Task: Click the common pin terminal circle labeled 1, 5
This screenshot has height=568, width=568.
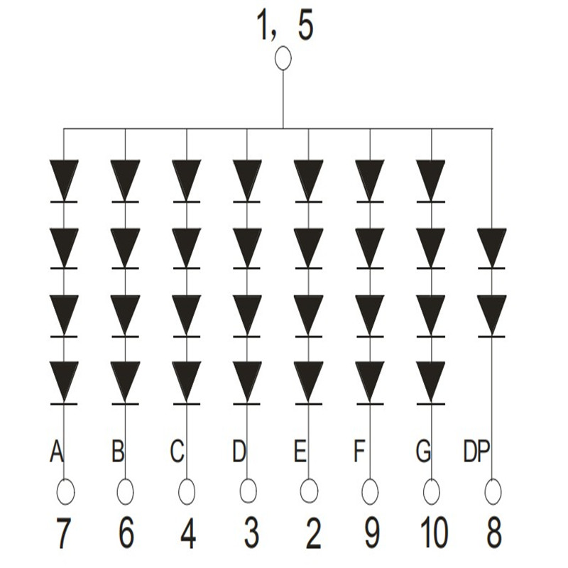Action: pyautogui.click(x=283, y=58)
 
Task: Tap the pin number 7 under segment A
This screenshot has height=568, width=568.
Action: pyautogui.click(x=64, y=533)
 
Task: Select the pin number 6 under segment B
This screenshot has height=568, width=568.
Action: pyautogui.click(x=126, y=533)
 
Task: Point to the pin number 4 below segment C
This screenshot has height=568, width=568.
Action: pyautogui.click(x=187, y=533)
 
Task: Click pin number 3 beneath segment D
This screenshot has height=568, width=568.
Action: pyautogui.click(x=249, y=533)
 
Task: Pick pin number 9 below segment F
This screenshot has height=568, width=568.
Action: pyautogui.click(x=371, y=533)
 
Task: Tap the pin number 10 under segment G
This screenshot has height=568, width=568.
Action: pyautogui.click(x=432, y=533)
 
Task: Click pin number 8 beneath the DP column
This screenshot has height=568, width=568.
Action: pyautogui.click(x=493, y=533)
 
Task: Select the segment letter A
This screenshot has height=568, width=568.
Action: pyautogui.click(x=57, y=451)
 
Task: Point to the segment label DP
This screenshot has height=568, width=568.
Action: pyautogui.click(x=476, y=451)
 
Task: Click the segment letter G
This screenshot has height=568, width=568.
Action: pyautogui.click(x=423, y=451)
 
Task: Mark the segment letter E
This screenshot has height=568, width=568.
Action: pyautogui.click(x=300, y=451)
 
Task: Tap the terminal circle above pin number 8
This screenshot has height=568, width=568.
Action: pyautogui.click(x=493, y=491)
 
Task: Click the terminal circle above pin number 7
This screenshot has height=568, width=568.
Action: pyautogui.click(x=65, y=491)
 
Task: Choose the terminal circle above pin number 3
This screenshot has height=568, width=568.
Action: pyautogui.click(x=248, y=491)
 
